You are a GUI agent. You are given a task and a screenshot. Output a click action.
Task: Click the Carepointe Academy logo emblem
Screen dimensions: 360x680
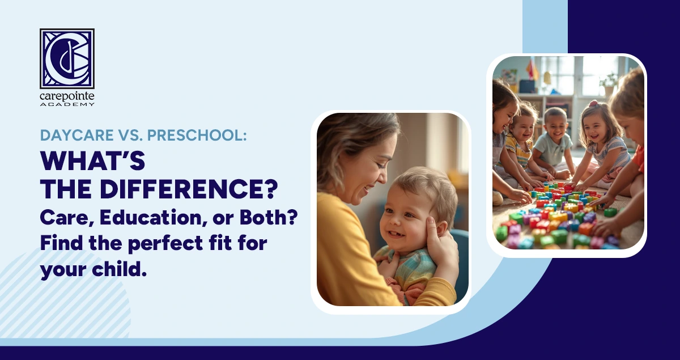pos(67,58)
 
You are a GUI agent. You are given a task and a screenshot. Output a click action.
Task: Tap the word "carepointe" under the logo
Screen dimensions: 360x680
pos(67,96)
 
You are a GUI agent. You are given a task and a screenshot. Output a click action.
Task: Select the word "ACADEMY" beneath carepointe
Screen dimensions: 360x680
pos(67,104)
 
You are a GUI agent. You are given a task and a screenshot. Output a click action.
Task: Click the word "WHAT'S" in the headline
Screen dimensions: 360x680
pos(93,163)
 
